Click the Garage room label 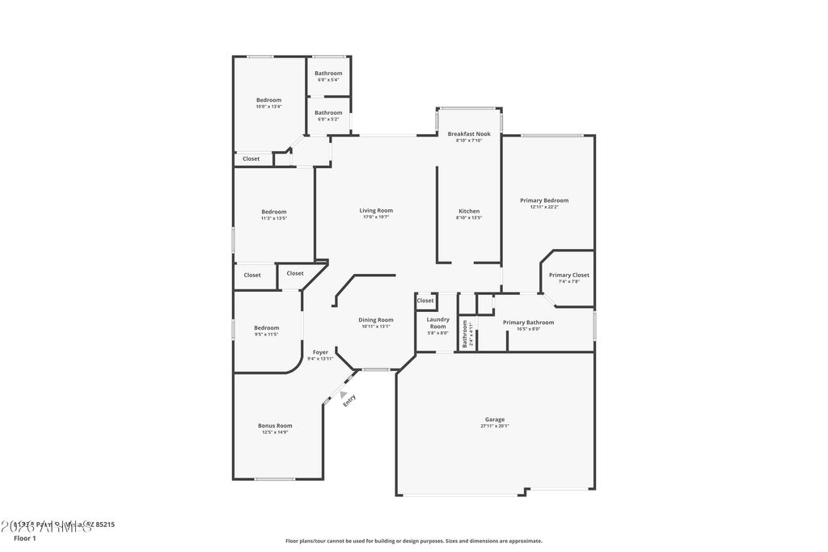pyautogui.click(x=495, y=419)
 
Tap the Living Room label pyautogui.click(x=376, y=211)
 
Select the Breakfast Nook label pyautogui.click(x=469, y=133)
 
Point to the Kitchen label pyautogui.click(x=469, y=211)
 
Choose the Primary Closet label pyautogui.click(x=569, y=275)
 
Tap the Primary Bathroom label pyautogui.click(x=528, y=322)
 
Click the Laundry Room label pyautogui.click(x=437, y=323)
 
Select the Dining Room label pyautogui.click(x=376, y=320)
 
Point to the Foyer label pyautogui.click(x=320, y=352)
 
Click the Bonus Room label pyautogui.click(x=275, y=426)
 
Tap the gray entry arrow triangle pyautogui.click(x=343, y=394)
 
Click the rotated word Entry pyautogui.click(x=349, y=400)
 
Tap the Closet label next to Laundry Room pyautogui.click(x=425, y=301)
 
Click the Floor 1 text pyautogui.click(x=25, y=537)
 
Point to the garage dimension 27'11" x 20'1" pyautogui.click(x=495, y=426)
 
